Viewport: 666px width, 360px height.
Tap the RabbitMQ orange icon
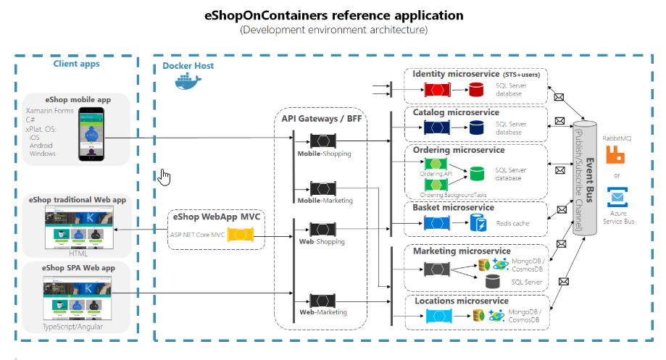(616, 155)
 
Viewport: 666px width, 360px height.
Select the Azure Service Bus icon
(617, 197)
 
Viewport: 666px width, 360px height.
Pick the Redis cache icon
(478, 223)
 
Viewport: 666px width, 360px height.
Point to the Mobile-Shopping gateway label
(324, 154)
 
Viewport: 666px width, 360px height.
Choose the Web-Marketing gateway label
(323, 312)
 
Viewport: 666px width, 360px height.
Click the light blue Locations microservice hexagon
(438, 316)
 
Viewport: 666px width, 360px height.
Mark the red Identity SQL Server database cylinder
(476, 90)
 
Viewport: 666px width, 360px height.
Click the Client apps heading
(76, 64)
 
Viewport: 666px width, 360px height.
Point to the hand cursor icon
(165, 177)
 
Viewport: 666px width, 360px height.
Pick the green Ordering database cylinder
(477, 174)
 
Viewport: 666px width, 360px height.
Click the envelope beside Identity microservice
(559, 96)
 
